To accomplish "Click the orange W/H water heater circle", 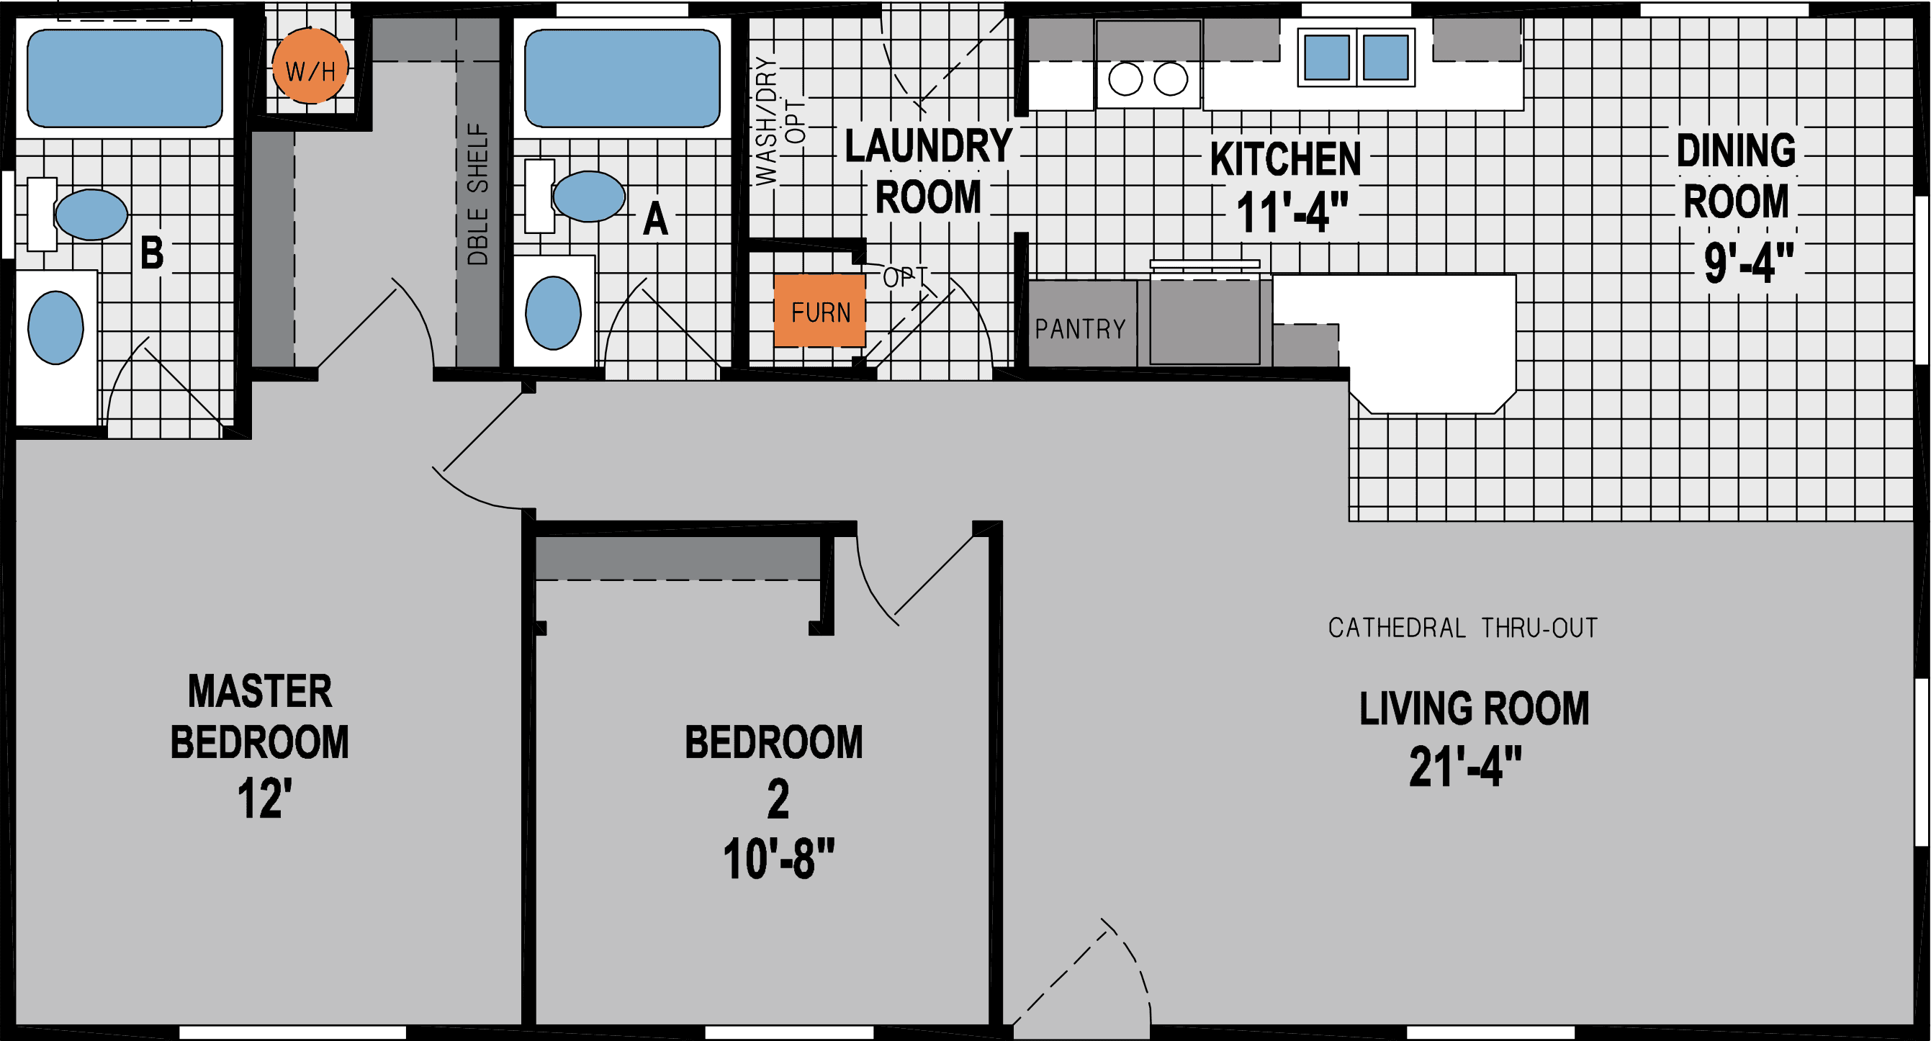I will pyautogui.click(x=310, y=66).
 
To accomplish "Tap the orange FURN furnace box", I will pyautogui.click(x=819, y=311).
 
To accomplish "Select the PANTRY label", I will pyautogui.click(x=1080, y=329).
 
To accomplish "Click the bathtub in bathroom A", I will pyautogui.click(x=621, y=78).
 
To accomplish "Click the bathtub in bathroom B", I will pyautogui.click(x=125, y=78).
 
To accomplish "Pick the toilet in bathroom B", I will pyautogui.click(x=90, y=215).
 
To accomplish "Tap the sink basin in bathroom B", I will pyautogui.click(x=55, y=328).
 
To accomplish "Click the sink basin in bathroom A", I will pyautogui.click(x=553, y=312).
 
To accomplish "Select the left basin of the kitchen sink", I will pyautogui.click(x=1326, y=58).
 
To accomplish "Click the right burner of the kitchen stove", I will pyautogui.click(x=1170, y=78).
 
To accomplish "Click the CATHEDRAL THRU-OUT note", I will pyautogui.click(x=1462, y=628).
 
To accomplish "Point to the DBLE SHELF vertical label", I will pyautogui.click(x=477, y=195).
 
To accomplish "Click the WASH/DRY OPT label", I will pyautogui.click(x=778, y=120).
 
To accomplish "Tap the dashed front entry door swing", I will pyautogui.click(x=1094, y=974).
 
